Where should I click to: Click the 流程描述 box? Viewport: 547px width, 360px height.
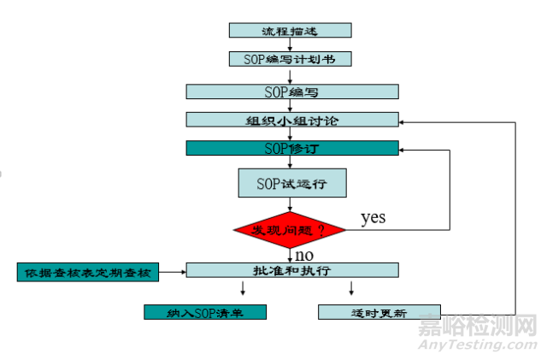point(291,30)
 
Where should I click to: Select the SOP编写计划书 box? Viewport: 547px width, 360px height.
point(291,59)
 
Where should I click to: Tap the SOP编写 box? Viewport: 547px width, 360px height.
point(291,91)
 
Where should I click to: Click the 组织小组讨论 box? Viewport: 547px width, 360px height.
point(291,120)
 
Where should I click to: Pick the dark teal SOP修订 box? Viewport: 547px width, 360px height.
point(291,148)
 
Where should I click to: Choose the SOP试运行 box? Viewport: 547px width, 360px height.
point(291,182)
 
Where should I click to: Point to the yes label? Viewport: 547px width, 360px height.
point(373,217)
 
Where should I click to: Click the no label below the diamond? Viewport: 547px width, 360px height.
point(304,255)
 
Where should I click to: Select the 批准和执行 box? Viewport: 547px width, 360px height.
point(291,270)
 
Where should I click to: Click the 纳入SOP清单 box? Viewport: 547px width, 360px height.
point(205,312)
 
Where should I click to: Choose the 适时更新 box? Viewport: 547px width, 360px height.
point(379,312)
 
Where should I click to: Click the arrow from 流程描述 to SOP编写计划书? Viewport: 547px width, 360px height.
point(291,44)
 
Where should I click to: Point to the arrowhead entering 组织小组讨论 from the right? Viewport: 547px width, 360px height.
point(403,121)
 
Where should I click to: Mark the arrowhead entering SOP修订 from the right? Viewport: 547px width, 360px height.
point(403,148)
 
